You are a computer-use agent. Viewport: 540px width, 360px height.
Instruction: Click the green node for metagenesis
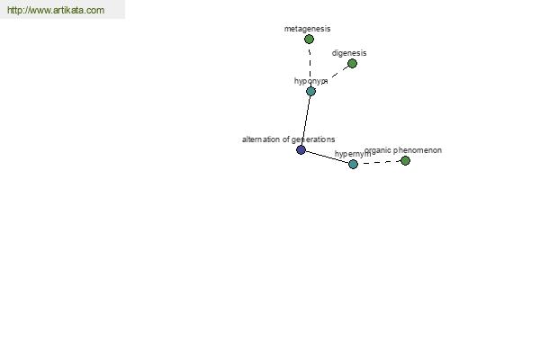(309, 40)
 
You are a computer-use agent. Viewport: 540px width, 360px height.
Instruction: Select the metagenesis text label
(307, 29)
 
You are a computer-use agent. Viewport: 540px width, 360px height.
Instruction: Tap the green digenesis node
(352, 63)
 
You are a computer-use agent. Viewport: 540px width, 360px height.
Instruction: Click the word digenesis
(349, 53)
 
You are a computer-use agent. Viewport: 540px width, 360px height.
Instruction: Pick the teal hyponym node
(310, 91)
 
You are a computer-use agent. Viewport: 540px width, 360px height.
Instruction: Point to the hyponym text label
(311, 81)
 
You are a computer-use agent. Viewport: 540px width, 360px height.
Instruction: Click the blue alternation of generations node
(301, 150)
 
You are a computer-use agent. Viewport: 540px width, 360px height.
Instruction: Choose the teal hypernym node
(353, 165)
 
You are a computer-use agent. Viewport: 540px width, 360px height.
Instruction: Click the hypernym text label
(353, 154)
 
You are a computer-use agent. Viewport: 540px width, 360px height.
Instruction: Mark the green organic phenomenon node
(405, 160)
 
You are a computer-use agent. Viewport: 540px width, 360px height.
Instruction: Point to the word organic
(378, 150)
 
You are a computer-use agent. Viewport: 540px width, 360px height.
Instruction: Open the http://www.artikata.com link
(56, 10)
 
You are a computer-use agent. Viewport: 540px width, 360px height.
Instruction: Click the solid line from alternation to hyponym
(306, 121)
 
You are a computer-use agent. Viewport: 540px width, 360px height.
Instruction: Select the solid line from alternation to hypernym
(328, 157)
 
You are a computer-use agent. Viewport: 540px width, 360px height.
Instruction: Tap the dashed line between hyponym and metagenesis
(310, 66)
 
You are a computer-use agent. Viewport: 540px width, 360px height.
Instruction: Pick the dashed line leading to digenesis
(339, 72)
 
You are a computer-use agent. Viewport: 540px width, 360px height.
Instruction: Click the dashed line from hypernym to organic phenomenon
(379, 163)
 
